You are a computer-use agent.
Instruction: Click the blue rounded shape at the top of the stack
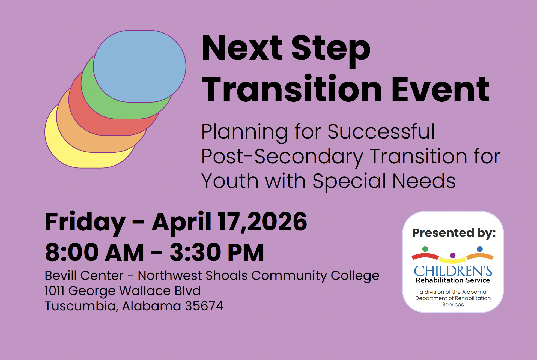140,66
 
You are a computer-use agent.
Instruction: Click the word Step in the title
331,50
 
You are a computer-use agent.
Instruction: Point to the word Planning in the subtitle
244,132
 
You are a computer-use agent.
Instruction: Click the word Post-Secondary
282,157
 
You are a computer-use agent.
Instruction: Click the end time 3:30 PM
217,253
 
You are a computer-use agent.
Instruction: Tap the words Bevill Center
84,275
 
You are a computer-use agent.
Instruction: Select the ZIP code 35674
204,306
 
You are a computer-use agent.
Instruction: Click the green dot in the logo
425,249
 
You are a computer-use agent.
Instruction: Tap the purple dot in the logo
452,256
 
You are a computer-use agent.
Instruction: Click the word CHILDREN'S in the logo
453,271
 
